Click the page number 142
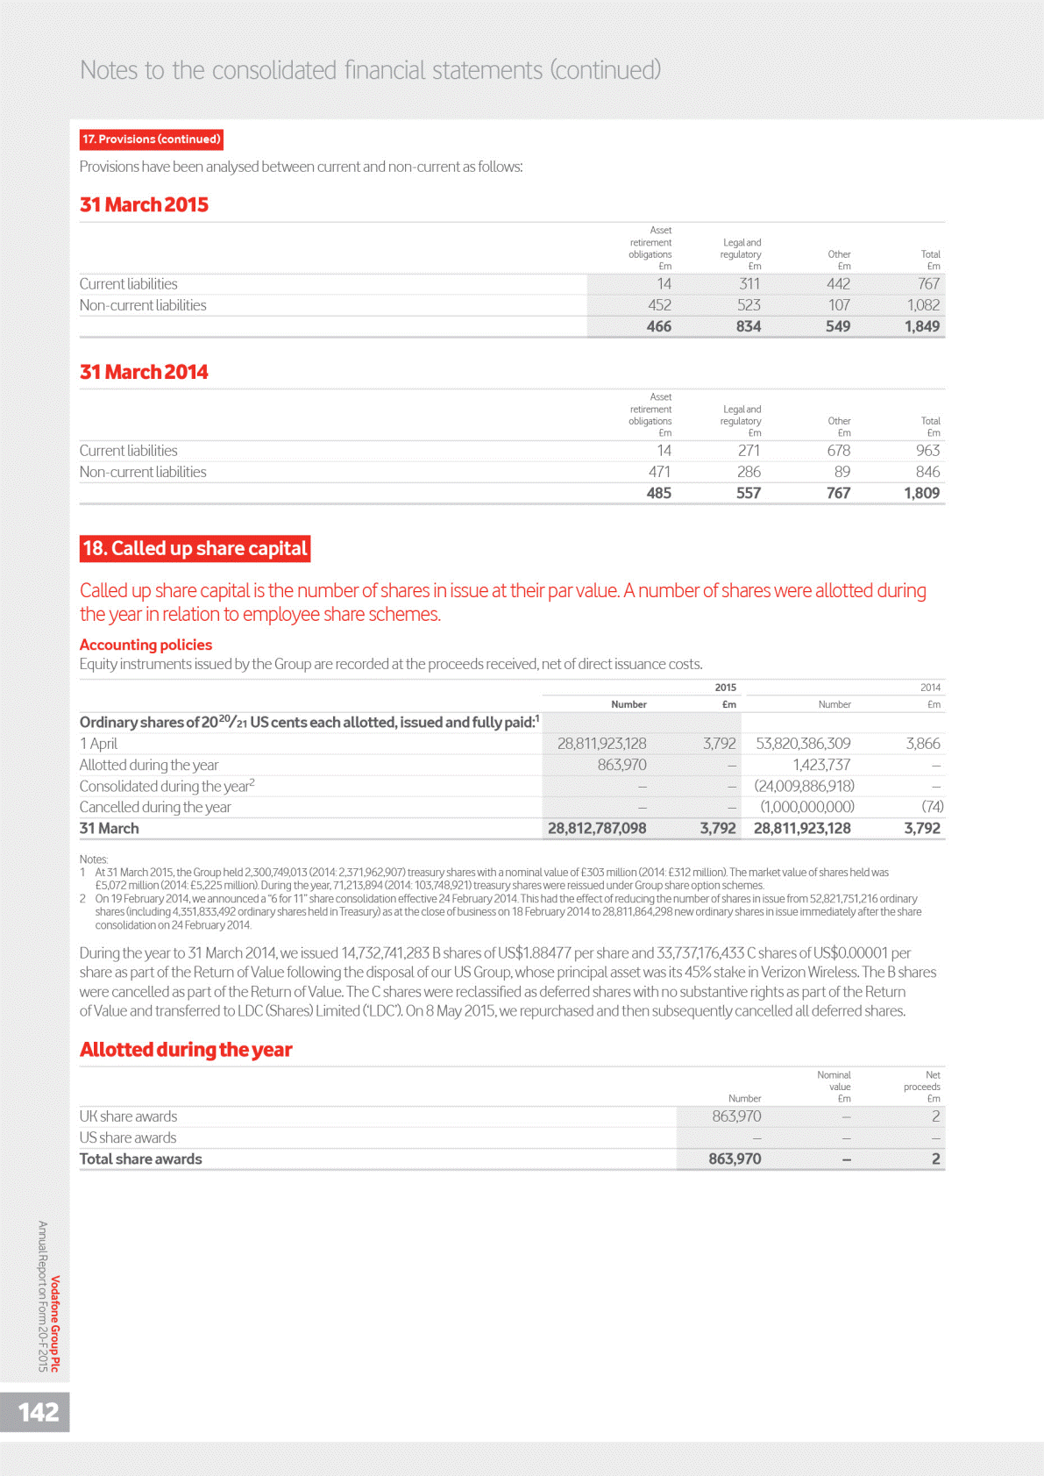pos(39,1412)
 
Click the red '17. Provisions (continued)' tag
pos(151,139)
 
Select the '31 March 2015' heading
pos(144,204)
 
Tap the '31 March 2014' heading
pos(144,372)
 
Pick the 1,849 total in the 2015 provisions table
pos(921,326)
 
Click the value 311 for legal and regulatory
pos(749,284)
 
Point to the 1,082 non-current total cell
pos(923,305)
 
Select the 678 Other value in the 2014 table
pos(838,451)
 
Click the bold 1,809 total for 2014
pos(921,493)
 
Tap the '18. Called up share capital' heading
pos(195,549)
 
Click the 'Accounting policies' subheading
pos(146,645)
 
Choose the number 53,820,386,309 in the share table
pos(803,744)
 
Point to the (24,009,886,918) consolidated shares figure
pos(804,786)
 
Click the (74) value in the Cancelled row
pos(932,807)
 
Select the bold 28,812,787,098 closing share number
pos(597,828)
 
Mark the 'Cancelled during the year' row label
pos(155,807)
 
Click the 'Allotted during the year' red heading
pos(186,1050)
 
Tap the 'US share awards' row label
pos(128,1137)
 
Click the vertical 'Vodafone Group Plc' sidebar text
pos(55,1323)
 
